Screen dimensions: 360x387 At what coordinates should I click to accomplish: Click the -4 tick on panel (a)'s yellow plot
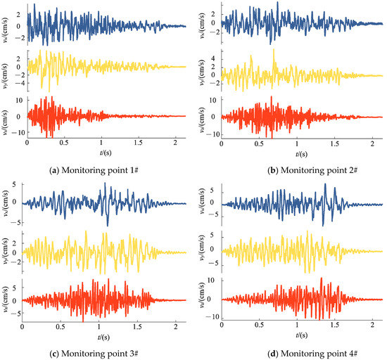20,84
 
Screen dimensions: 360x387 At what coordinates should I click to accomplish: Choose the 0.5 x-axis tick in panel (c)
61,328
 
